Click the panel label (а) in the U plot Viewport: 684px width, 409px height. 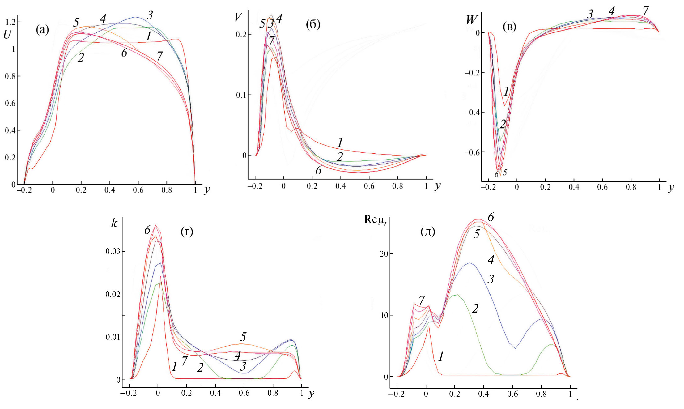(x=42, y=30)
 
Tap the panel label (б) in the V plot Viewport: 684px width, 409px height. (x=313, y=24)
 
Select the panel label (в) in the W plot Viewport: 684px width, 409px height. (x=509, y=27)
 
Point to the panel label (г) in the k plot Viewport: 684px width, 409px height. (x=187, y=231)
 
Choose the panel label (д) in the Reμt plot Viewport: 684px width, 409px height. (x=428, y=231)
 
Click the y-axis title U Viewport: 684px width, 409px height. (x=7, y=34)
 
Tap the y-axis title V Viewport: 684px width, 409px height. (x=238, y=17)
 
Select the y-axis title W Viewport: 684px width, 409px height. (x=472, y=20)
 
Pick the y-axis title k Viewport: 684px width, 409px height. (x=114, y=223)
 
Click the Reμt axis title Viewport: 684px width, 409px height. (x=375, y=219)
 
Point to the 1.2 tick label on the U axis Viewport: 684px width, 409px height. (x=10, y=22)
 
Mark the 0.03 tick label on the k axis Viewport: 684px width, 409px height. (x=113, y=251)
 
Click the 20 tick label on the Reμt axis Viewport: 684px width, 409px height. (x=384, y=254)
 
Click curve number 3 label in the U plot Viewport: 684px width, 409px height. (x=150, y=15)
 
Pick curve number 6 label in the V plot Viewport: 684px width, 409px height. (x=318, y=170)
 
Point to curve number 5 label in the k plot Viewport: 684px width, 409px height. (x=243, y=337)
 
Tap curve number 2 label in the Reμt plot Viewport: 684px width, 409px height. (x=475, y=308)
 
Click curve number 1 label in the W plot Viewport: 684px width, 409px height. (x=506, y=91)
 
